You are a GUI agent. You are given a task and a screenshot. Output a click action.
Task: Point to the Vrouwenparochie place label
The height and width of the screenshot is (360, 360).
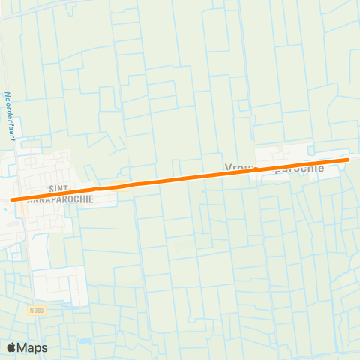click(x=274, y=168)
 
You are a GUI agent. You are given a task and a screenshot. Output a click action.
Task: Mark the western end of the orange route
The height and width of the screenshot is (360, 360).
click(x=13, y=199)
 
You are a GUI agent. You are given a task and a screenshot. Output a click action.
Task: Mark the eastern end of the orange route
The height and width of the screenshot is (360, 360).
click(x=348, y=159)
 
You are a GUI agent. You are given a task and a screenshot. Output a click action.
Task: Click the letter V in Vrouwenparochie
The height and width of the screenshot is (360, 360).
click(x=227, y=168)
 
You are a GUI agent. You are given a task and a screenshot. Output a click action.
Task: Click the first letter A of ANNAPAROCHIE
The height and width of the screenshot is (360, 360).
click(x=29, y=200)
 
